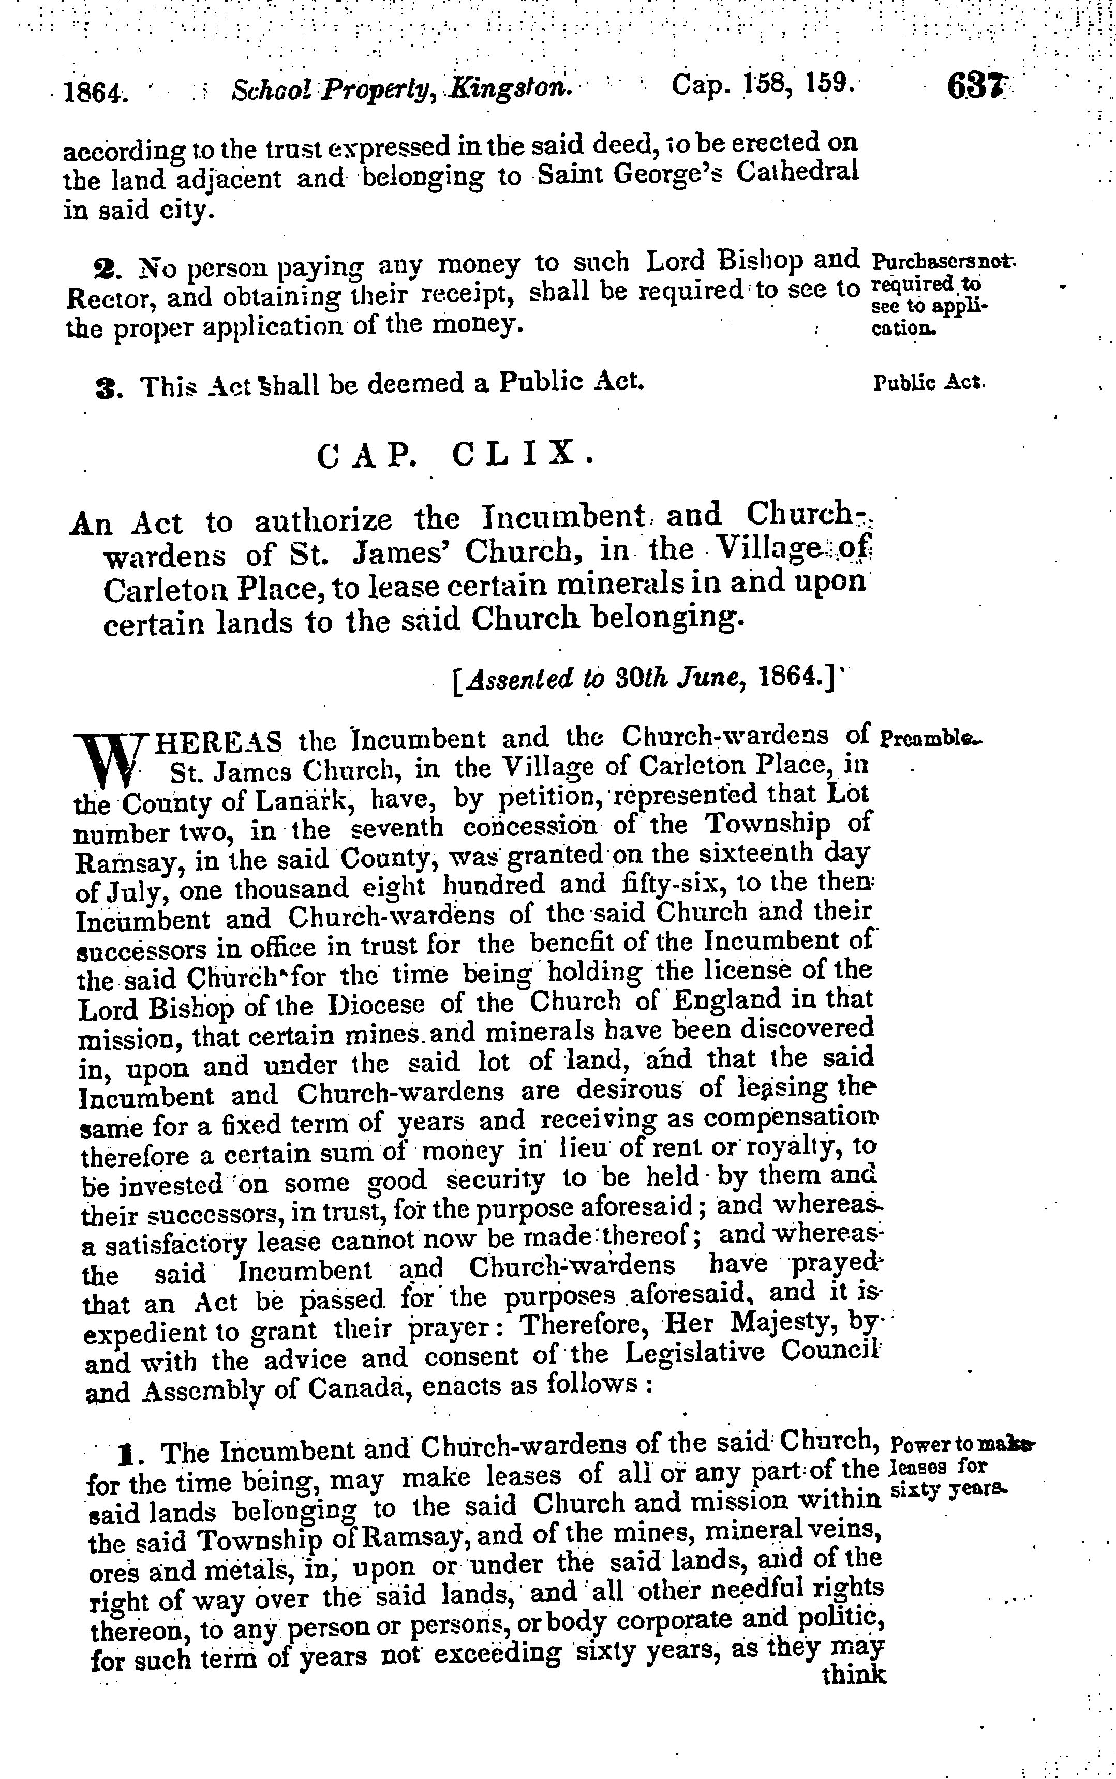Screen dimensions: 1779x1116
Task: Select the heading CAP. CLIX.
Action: point(455,455)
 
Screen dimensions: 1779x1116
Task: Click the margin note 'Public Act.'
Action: point(929,383)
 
